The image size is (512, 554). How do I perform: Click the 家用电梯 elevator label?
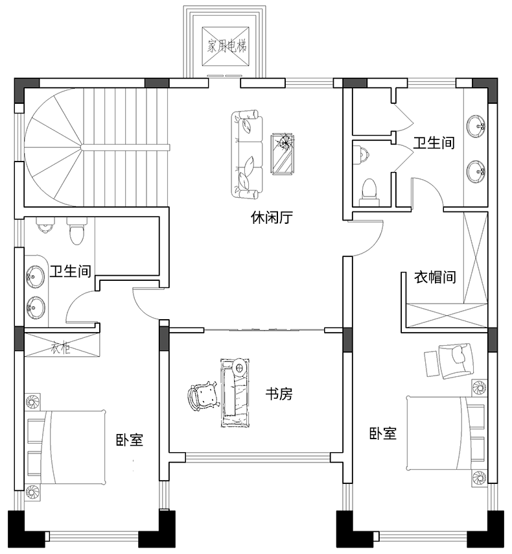click(x=227, y=46)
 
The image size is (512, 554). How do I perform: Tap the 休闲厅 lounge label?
click(x=272, y=218)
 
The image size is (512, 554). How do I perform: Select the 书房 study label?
click(x=279, y=394)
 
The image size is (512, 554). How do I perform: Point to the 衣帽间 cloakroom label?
click(x=435, y=278)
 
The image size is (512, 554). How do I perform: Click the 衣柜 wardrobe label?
click(x=61, y=348)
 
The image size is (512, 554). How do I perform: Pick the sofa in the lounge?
click(x=247, y=154)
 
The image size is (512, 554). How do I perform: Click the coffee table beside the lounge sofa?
click(x=282, y=154)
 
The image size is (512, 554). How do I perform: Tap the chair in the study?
click(x=202, y=396)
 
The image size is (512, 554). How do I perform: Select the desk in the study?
click(x=235, y=393)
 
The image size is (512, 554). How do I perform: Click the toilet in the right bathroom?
click(x=369, y=193)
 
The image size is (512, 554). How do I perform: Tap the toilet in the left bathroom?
click(x=77, y=231)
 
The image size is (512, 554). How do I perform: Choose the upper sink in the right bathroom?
click(x=476, y=125)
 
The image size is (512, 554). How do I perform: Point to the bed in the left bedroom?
click(x=65, y=447)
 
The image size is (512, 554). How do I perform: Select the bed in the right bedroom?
click(x=445, y=433)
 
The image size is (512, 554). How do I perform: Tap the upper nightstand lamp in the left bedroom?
click(x=33, y=402)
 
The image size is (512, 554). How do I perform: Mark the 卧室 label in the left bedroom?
click(x=130, y=440)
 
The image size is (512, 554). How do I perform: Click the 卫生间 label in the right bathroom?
click(x=434, y=143)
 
